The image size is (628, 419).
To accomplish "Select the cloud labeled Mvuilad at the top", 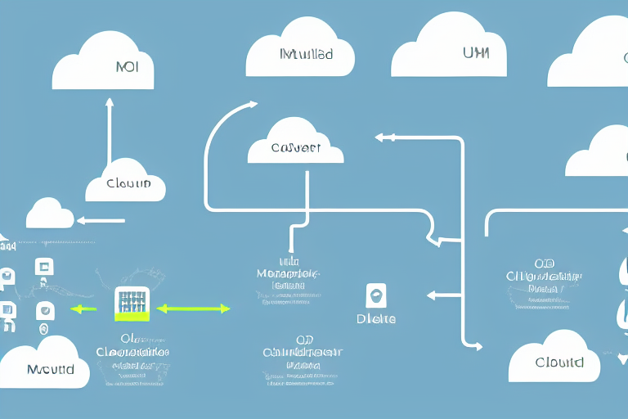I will (x=300, y=56).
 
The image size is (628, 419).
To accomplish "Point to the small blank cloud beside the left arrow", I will (x=50, y=214).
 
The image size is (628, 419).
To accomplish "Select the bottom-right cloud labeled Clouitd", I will (x=558, y=358).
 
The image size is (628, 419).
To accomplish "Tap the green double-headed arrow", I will (x=193, y=309).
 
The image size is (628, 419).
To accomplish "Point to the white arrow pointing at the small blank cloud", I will (x=101, y=219).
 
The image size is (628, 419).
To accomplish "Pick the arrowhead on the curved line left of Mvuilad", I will (x=251, y=105).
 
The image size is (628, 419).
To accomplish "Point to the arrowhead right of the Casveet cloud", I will (x=381, y=137).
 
